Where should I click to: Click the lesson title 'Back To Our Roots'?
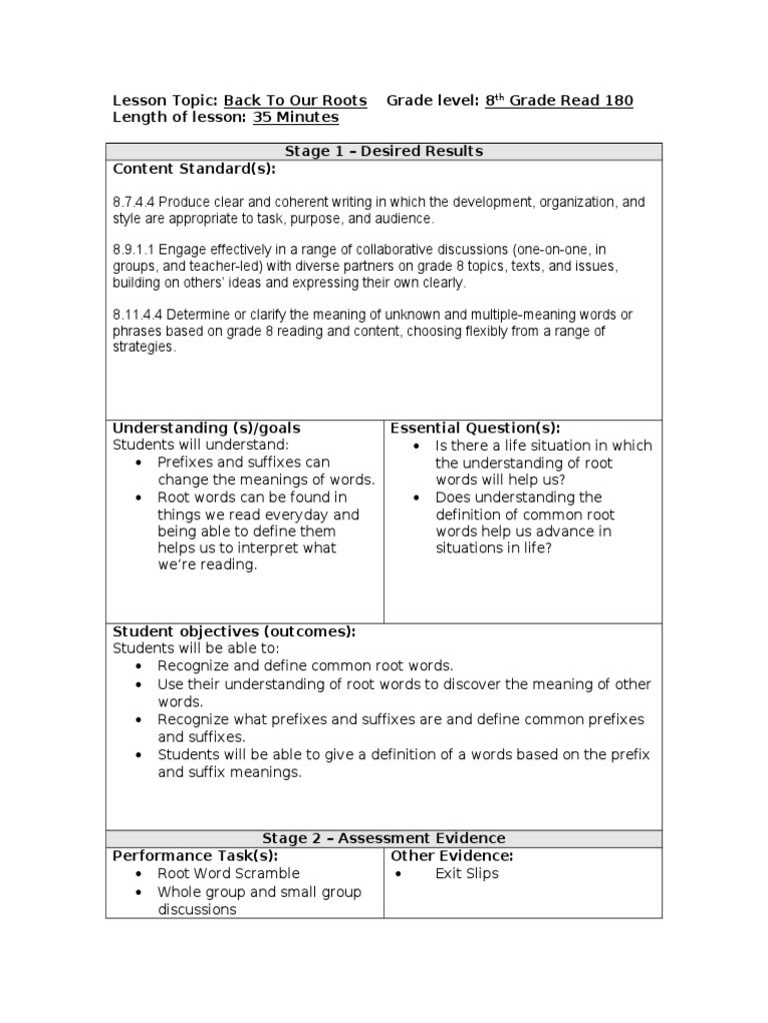295,101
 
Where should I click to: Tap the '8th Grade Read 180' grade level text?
559,101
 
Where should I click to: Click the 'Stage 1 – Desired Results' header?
384,151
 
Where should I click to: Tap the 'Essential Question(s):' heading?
475,428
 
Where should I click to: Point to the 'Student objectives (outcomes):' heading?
234,631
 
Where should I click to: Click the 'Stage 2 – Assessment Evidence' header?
384,838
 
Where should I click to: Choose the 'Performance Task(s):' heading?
195,856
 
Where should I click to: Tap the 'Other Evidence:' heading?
452,856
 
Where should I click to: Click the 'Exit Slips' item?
467,874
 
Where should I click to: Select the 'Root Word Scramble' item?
228,874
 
